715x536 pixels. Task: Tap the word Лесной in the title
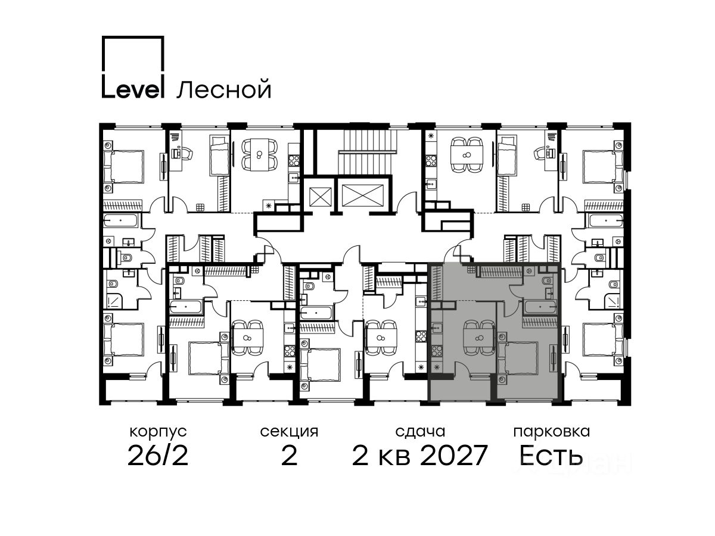[224, 89]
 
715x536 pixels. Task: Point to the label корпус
[158, 432]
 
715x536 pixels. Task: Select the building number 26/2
[158, 456]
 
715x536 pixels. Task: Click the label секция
[289, 432]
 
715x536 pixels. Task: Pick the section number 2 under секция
[289, 456]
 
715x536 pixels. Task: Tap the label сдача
[420, 432]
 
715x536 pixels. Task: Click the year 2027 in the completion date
[454, 456]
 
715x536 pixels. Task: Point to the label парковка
[552, 432]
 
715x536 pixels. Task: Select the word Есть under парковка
[551, 456]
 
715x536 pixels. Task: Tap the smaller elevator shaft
[320, 197]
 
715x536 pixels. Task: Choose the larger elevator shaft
[363, 195]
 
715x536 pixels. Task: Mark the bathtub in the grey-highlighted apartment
[540, 307]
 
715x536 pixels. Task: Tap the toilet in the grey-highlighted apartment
[546, 281]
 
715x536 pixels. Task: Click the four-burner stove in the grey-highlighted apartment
[437, 351]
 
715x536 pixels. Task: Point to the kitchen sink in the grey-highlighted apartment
[437, 328]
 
